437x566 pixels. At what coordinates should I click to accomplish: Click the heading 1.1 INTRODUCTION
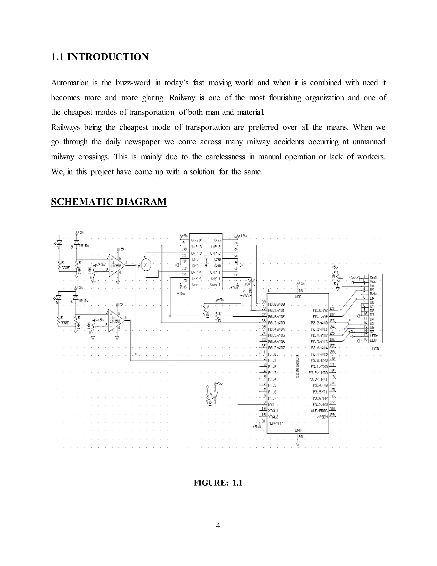point(100,57)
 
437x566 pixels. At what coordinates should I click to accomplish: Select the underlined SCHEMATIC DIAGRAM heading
point(109,202)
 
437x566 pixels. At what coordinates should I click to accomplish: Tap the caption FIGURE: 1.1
point(218,483)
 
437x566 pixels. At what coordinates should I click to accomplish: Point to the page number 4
point(218,526)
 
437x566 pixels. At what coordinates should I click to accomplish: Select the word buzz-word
point(133,83)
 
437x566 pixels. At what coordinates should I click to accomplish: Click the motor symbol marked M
point(146,265)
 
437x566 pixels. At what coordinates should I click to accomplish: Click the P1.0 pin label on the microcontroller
point(272,354)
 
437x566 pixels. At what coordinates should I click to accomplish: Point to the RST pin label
point(271,404)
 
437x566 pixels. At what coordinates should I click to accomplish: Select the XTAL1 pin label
point(273,411)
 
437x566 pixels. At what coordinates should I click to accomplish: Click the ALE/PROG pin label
point(319,411)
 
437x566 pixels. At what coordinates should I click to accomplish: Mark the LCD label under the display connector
point(375,349)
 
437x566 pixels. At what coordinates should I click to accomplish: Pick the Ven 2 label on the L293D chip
point(197,241)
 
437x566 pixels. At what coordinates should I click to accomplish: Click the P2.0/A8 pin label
point(320,310)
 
